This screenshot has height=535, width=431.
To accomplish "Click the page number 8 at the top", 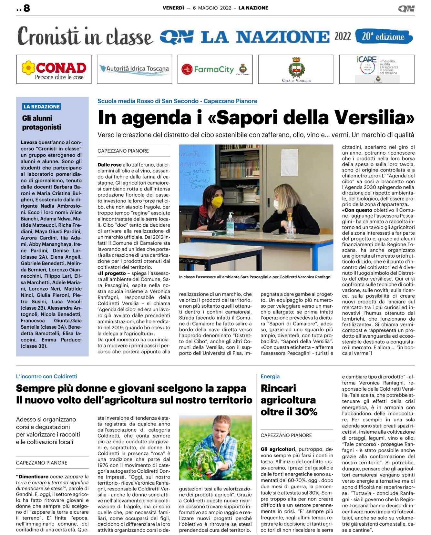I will click(26, 8).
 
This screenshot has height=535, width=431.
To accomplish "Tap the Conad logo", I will click(54, 69).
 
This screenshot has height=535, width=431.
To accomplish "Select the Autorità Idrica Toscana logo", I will click(134, 69).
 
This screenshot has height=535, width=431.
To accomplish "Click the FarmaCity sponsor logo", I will click(214, 69).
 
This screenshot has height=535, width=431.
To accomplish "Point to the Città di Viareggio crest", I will click(296, 68).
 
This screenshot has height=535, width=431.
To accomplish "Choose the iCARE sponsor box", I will click(376, 69).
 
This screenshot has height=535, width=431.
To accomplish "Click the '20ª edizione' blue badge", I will click(384, 36).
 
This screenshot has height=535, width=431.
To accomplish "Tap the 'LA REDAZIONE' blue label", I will click(42, 107).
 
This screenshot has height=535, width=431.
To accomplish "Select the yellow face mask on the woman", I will click(217, 202).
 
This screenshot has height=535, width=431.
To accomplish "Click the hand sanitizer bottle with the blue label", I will click(230, 223).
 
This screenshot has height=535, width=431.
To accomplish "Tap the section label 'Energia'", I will click(270, 376).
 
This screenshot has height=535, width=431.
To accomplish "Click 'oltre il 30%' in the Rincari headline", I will click(289, 412).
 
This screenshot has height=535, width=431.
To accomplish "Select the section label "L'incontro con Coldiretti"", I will click(47, 376).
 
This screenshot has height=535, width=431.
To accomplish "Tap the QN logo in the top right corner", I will click(406, 9).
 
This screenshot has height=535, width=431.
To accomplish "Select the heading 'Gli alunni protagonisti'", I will click(42, 123).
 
